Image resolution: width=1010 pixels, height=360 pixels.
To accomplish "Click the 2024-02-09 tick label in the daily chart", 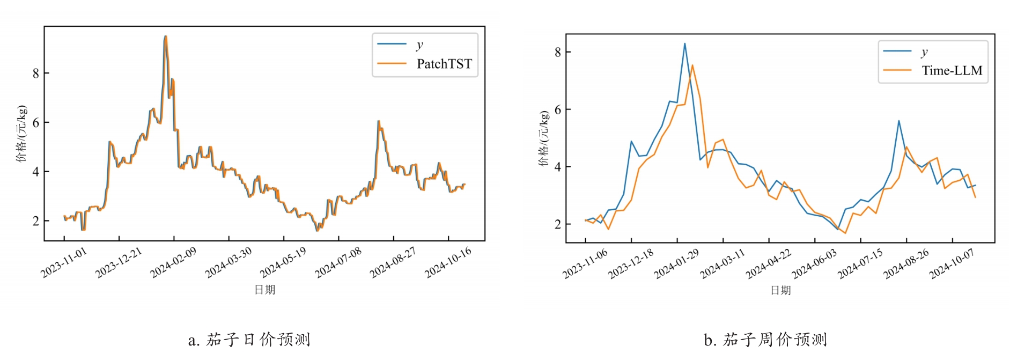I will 173,263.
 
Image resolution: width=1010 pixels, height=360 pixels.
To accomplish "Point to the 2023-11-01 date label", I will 64,263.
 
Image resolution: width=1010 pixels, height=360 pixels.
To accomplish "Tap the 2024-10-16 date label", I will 448,263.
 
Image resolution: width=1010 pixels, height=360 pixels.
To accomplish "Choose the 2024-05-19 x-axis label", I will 283,263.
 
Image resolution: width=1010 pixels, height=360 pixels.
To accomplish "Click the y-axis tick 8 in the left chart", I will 36,73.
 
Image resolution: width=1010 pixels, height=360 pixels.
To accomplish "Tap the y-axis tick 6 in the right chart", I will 558,109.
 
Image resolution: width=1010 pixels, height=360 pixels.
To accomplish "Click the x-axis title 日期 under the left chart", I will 264,290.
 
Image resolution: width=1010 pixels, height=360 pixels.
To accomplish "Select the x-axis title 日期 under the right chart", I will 780,290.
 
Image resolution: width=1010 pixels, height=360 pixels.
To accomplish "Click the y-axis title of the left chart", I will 21,133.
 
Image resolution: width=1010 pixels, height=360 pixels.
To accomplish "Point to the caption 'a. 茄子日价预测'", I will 249,340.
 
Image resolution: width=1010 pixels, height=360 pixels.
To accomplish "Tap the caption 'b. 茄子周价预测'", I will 765,340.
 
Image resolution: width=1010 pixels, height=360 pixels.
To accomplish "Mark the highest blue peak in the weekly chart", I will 685,44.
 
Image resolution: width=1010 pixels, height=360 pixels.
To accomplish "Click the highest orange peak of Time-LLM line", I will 692,65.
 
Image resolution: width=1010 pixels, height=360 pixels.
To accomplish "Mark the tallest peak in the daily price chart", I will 165,36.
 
